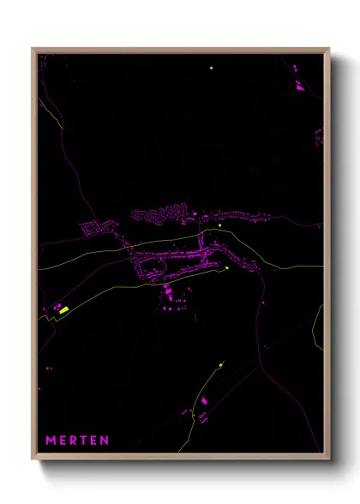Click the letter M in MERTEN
[x=50, y=441]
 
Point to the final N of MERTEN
[x=105, y=441]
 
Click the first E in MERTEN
[x=63, y=441]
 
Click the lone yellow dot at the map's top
[x=211, y=68]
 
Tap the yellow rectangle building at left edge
[x=63, y=308]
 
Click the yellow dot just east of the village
[x=227, y=267]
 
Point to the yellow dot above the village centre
[x=220, y=225]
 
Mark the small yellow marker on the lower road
[x=221, y=364]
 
